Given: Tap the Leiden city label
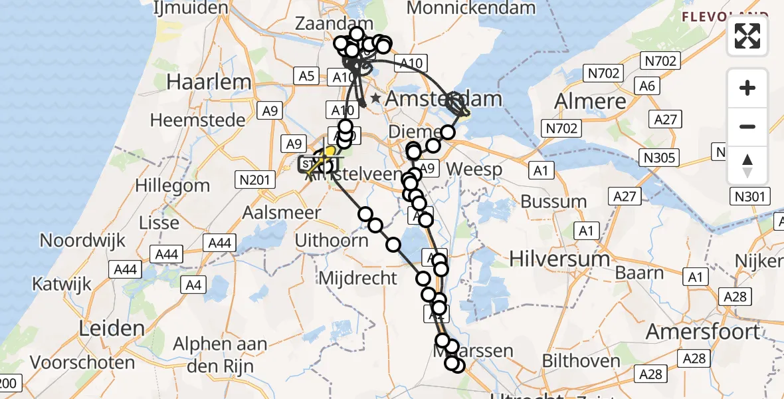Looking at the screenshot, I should pyautogui.click(x=112, y=328).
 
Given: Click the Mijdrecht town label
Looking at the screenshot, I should pyautogui.click(x=358, y=278).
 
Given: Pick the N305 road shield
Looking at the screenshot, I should pyautogui.click(x=658, y=158).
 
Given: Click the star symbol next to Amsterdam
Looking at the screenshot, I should pyautogui.click(x=376, y=98).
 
